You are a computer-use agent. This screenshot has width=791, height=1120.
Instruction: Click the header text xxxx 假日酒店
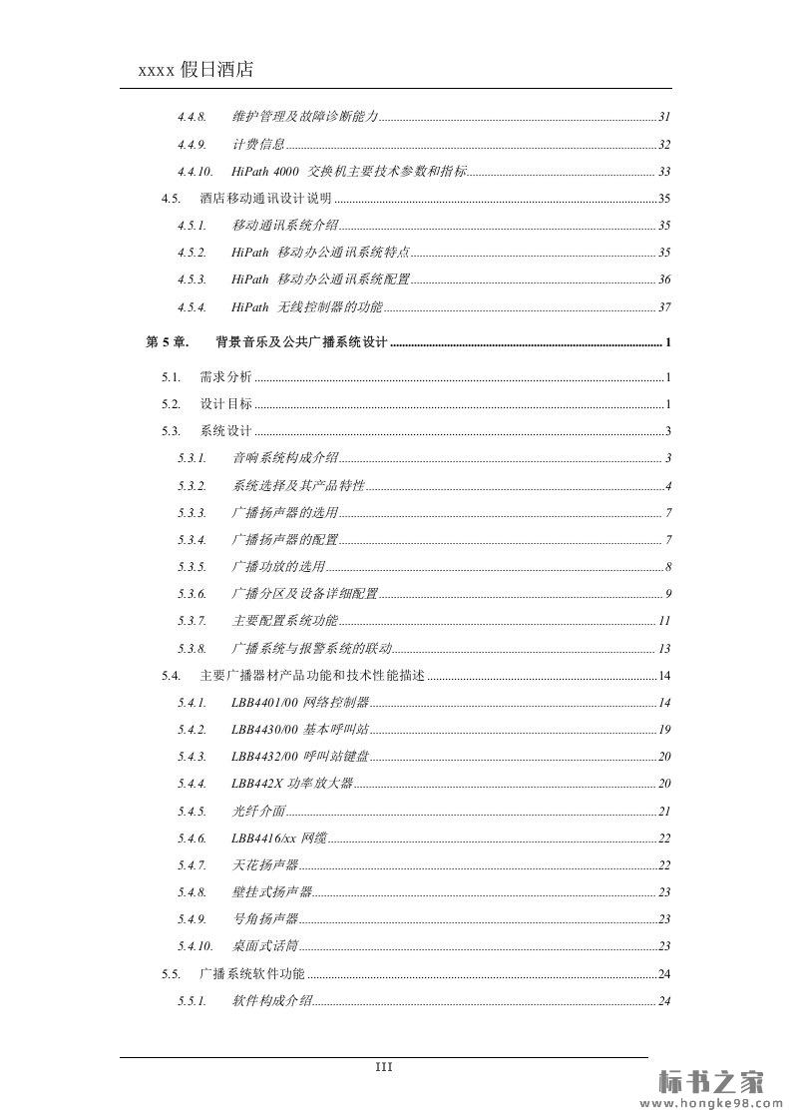click(196, 69)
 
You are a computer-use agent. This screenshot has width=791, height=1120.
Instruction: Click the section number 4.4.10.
click(196, 172)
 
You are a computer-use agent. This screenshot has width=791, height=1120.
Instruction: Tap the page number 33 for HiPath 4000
click(664, 172)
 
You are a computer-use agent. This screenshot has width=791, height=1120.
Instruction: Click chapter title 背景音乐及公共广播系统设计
click(301, 343)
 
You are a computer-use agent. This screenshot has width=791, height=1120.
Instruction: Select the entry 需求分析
click(225, 377)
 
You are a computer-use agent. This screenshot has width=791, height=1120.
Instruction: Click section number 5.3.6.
click(193, 594)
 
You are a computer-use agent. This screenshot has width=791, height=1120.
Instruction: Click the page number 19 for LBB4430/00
click(664, 730)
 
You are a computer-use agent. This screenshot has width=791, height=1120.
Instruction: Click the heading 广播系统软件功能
click(252, 973)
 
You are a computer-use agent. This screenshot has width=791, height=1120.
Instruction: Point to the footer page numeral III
click(384, 1067)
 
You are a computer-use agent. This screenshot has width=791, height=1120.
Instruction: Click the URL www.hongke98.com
click(711, 1104)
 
